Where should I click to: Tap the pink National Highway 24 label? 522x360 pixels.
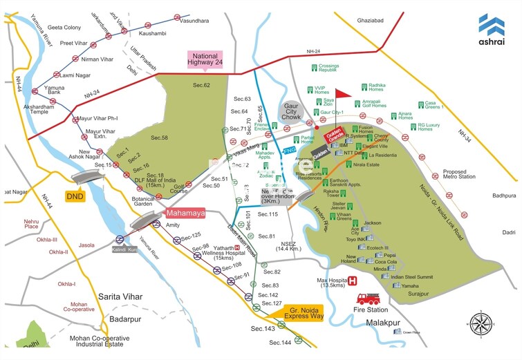point(205,60)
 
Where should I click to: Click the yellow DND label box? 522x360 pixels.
point(75,196)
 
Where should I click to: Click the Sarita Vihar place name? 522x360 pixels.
point(120,296)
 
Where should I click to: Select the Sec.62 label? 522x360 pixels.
point(201,85)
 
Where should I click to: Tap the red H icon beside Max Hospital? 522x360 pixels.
point(353,281)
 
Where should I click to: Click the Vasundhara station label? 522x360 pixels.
point(194,21)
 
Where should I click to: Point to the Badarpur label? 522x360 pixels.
point(124,319)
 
